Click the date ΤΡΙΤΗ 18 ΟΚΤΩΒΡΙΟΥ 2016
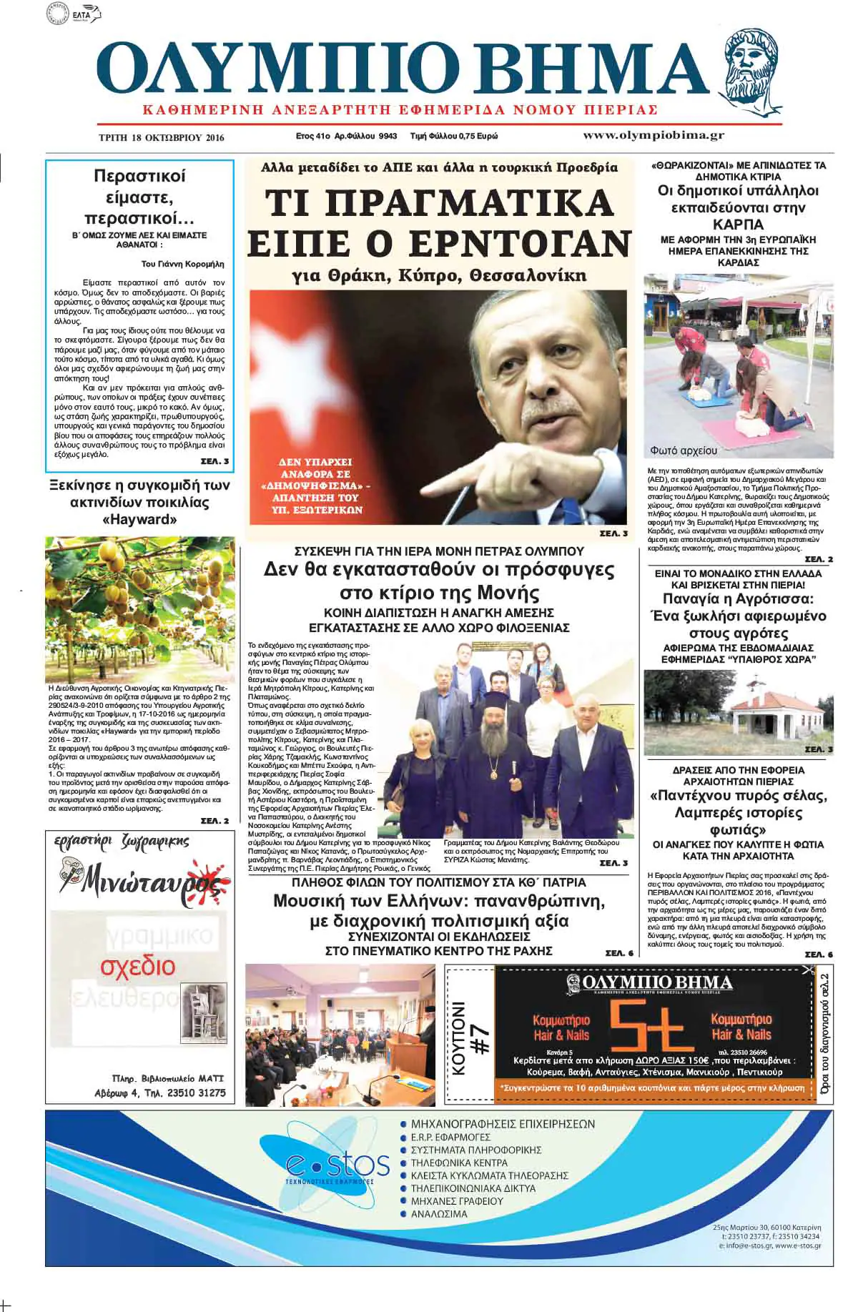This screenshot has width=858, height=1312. pos(161,137)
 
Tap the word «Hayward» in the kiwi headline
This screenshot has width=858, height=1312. pos(139,520)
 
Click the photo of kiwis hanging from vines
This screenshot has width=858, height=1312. pos(139,608)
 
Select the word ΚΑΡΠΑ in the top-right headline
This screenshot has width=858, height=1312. pos(739,225)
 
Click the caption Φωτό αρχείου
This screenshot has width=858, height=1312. pos(684,451)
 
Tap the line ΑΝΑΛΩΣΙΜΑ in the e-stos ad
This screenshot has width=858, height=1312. pos(438,1214)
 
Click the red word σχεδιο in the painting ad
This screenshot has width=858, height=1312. pos(137,966)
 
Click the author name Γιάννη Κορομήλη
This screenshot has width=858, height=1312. pos(192,264)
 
